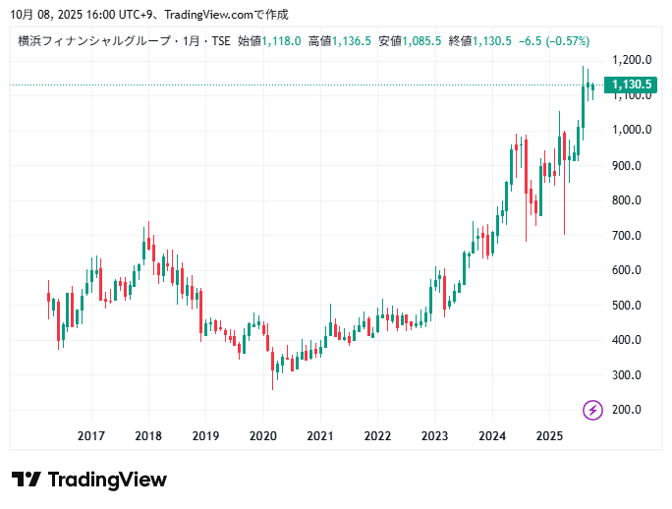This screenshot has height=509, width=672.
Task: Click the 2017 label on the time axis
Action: [x=91, y=436]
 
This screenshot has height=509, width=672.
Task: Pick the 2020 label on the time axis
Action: [x=262, y=436]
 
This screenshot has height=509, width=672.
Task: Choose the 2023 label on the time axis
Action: [x=434, y=436]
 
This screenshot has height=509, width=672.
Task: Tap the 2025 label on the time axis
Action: [x=549, y=436]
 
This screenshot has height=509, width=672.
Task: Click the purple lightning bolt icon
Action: [x=592, y=410]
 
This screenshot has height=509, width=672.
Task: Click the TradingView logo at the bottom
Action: [x=89, y=480]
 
